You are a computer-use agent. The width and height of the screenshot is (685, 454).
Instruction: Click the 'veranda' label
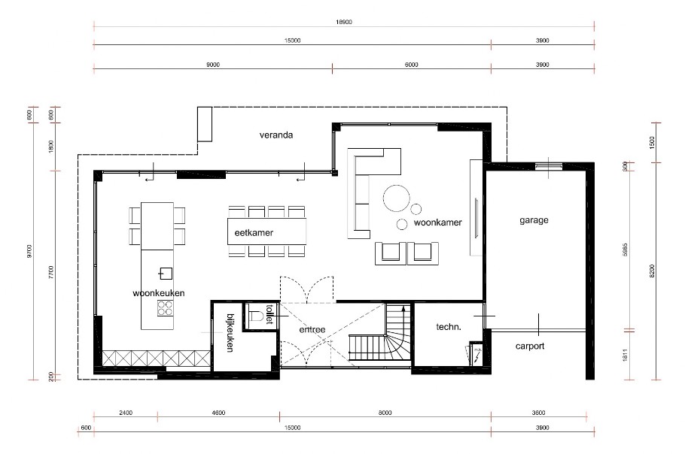[276, 136]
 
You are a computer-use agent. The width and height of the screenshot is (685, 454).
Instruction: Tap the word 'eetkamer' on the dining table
[254, 233]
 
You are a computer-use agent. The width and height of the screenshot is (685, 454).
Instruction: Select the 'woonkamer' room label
[437, 223]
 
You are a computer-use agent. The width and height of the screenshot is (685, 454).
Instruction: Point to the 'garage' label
[534, 221]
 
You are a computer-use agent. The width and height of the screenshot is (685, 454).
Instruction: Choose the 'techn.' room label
[449, 327]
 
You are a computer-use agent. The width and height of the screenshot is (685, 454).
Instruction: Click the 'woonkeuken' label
[158, 293]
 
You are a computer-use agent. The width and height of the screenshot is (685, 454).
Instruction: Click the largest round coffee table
[396, 198]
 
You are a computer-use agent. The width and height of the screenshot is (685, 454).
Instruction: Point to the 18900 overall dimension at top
[343, 23]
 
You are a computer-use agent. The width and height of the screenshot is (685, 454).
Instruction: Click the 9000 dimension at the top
[212, 65]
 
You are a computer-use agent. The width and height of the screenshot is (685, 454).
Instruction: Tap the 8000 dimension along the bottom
[385, 413]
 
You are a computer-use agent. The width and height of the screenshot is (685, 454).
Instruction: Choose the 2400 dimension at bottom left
[125, 413]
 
